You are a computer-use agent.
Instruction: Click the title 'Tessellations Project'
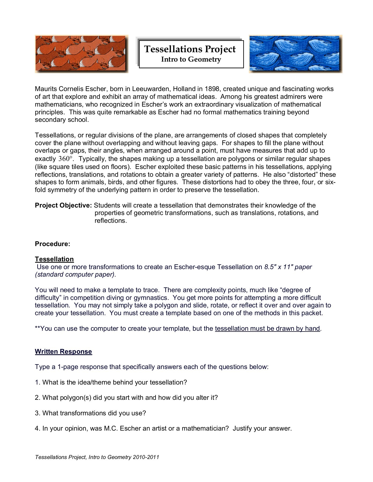(x=190, y=49)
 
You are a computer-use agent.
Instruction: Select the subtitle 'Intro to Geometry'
(x=191, y=59)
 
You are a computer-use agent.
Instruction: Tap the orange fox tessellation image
(x=82, y=54)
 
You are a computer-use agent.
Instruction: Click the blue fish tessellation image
(x=296, y=54)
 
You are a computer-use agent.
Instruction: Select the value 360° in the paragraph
(x=65, y=159)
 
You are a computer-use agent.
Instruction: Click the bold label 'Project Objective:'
(x=64, y=205)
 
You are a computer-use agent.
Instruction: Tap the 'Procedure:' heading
(x=53, y=244)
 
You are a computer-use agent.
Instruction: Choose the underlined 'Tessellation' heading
(x=54, y=259)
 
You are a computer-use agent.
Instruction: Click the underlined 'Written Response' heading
(x=64, y=352)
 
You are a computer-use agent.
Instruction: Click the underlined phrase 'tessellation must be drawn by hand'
(x=267, y=329)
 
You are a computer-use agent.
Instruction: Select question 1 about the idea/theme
(x=111, y=382)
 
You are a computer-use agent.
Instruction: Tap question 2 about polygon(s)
(x=126, y=398)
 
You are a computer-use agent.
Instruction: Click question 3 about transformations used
(x=90, y=413)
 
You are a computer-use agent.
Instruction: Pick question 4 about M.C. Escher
(x=163, y=428)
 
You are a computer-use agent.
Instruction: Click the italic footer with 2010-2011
(x=97, y=457)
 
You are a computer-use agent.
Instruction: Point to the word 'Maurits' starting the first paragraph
(x=46, y=89)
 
